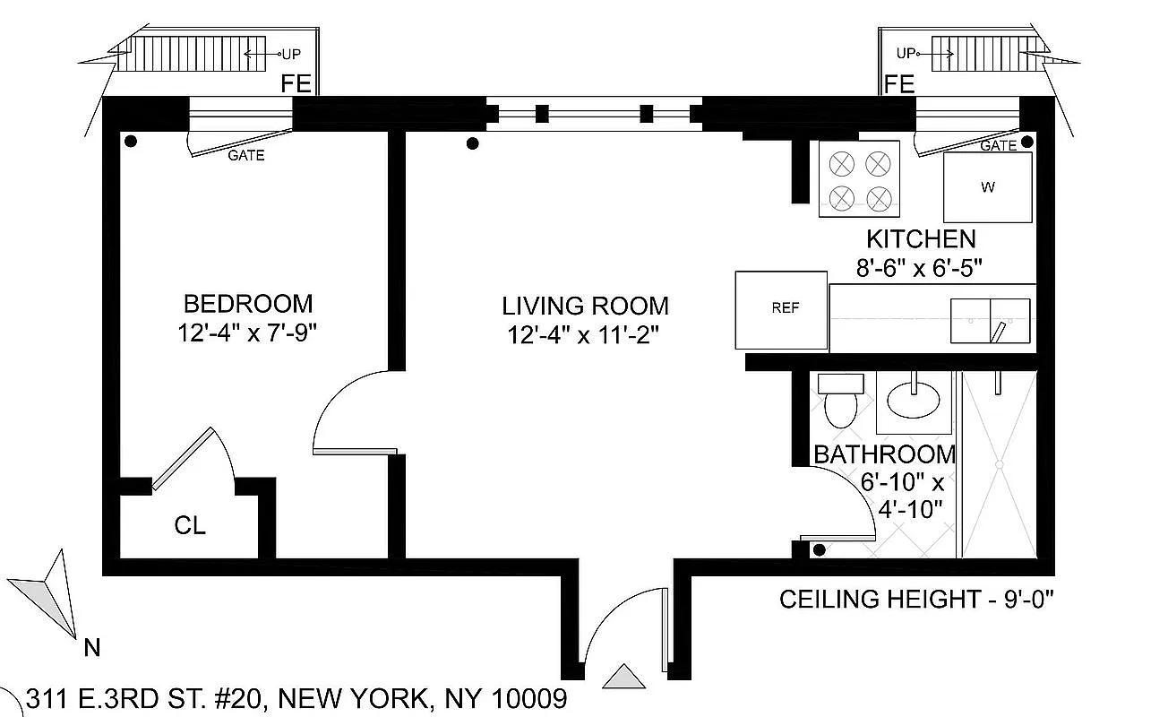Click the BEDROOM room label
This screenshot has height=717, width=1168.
pyautogui.click(x=248, y=303)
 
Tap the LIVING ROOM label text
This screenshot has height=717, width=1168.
pyautogui.click(x=585, y=307)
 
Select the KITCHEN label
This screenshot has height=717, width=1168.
pyautogui.click(x=920, y=239)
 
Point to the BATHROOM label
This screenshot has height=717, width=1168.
pyautogui.click(x=884, y=454)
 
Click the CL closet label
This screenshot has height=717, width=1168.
pyautogui.click(x=190, y=526)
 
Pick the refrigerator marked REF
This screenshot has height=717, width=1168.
pyautogui.click(x=781, y=309)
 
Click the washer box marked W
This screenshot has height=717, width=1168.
pyautogui.click(x=987, y=187)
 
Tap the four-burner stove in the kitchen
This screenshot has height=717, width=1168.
pyautogui.click(x=859, y=180)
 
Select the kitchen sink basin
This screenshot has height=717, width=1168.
pyautogui.click(x=991, y=320)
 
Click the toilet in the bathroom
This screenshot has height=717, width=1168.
pyautogui.click(x=841, y=402)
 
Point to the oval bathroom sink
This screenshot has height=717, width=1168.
pyautogui.click(x=915, y=395)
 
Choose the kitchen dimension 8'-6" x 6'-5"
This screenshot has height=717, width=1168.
pyautogui.click(x=920, y=268)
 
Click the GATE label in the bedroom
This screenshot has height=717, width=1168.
pyautogui.click(x=246, y=156)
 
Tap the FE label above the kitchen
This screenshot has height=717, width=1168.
pyautogui.click(x=898, y=84)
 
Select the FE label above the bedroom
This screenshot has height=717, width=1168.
pyautogui.click(x=296, y=84)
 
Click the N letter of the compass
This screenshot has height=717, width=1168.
pyautogui.click(x=91, y=648)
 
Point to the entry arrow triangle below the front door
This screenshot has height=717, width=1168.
pyautogui.click(x=624, y=677)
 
